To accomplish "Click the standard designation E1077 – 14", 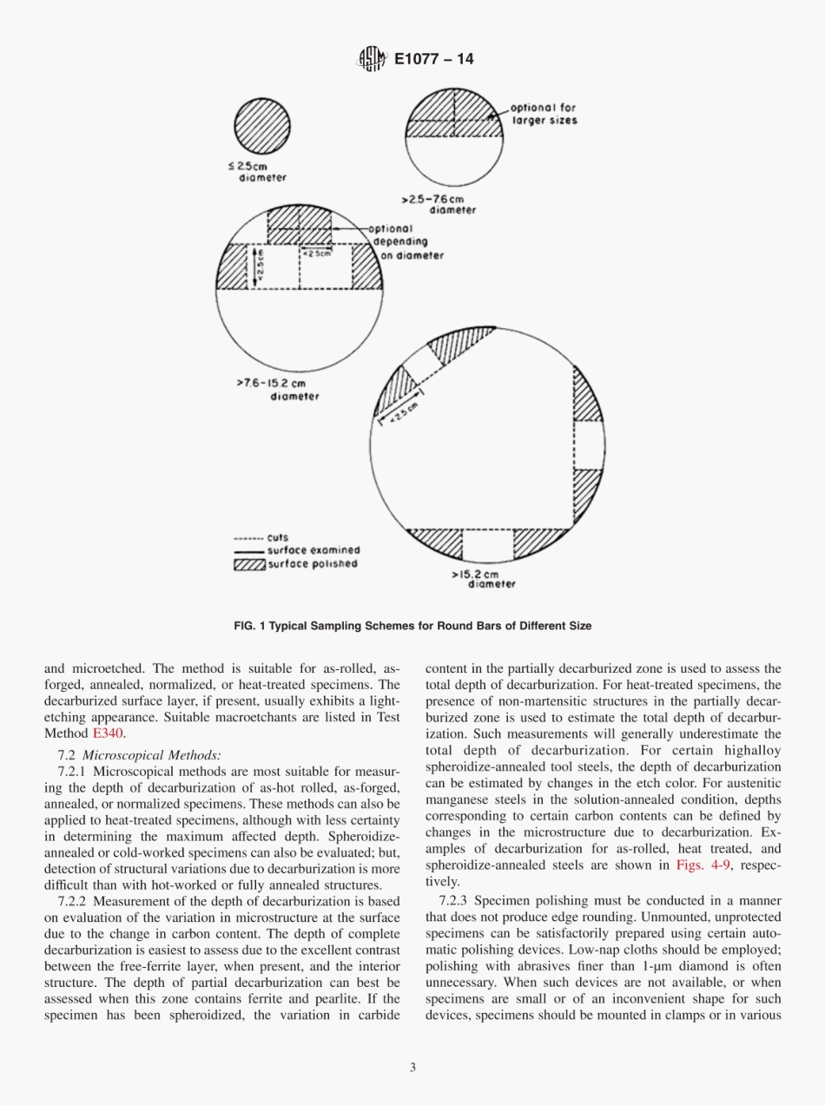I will pyautogui.click(x=433, y=60).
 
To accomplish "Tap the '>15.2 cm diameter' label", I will pyautogui.click(x=485, y=578).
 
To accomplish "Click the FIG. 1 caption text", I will pyautogui.click(x=412, y=625).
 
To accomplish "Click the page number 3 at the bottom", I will pyautogui.click(x=412, y=1068).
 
